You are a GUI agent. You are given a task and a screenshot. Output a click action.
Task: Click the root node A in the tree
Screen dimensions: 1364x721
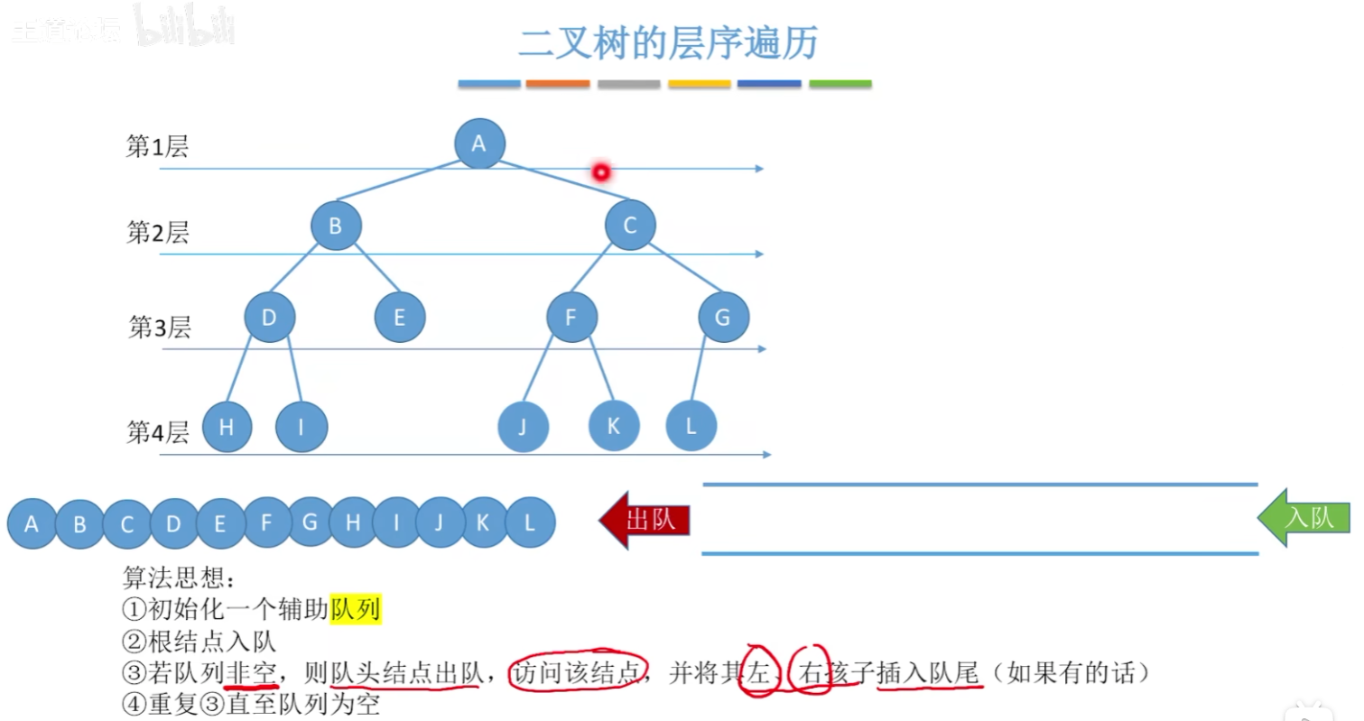pyautogui.click(x=479, y=143)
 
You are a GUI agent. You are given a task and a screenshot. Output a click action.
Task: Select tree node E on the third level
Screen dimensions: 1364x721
pyautogui.click(x=400, y=317)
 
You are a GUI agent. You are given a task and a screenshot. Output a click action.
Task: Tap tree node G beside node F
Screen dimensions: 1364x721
pyautogui.click(x=723, y=317)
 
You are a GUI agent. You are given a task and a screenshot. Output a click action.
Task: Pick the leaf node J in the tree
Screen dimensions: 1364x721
pyautogui.click(x=523, y=426)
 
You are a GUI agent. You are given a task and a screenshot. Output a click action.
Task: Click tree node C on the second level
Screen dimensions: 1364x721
pyautogui.click(x=630, y=226)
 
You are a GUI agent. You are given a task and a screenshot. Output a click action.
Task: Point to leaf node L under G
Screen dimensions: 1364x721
pyautogui.click(x=691, y=425)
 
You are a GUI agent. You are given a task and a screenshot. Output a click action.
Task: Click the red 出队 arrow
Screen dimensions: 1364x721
pyautogui.click(x=645, y=521)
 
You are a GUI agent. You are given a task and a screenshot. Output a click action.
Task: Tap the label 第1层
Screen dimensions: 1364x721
pyautogui.click(x=157, y=147)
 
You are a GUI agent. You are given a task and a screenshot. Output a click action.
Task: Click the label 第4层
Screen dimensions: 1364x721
pyautogui.click(x=157, y=432)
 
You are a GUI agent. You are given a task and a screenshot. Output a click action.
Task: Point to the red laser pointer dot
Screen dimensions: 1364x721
pyautogui.click(x=600, y=171)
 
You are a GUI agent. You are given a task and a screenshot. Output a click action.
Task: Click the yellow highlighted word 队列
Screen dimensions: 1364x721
pyautogui.click(x=356, y=611)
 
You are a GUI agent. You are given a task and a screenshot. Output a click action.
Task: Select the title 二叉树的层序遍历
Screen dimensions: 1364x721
pyautogui.click(x=668, y=42)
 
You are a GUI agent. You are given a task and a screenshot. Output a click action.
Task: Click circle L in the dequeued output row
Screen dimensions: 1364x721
pyautogui.click(x=530, y=522)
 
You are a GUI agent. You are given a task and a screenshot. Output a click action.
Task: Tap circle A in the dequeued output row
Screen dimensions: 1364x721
pyautogui.click(x=32, y=523)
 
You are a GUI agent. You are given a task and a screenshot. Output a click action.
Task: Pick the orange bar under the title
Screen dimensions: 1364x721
pyautogui.click(x=557, y=84)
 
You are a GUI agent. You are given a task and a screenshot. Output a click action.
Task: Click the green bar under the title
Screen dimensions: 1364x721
pyautogui.click(x=840, y=84)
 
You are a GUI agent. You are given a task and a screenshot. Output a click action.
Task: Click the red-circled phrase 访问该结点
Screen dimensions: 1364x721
pyautogui.click(x=578, y=672)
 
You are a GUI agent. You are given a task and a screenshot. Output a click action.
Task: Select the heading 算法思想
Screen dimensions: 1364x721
pyautogui.click(x=177, y=578)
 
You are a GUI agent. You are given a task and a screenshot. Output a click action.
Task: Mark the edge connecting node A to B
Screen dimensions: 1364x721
pyautogui.click(x=397, y=180)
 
